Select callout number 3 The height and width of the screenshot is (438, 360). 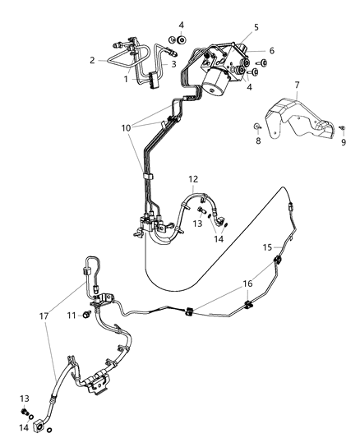pyautogui.click(x=173, y=63)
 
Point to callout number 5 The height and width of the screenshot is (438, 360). pyautogui.click(x=256, y=27)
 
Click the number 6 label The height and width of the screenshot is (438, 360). pyautogui.click(x=271, y=51)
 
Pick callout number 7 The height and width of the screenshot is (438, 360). pyautogui.click(x=297, y=85)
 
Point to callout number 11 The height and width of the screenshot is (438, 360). pyautogui.click(x=72, y=315)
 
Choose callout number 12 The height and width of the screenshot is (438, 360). pyautogui.click(x=193, y=179)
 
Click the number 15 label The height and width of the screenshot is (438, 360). pyautogui.click(x=267, y=247)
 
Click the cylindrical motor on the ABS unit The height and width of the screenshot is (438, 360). pyautogui.click(x=224, y=78)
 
